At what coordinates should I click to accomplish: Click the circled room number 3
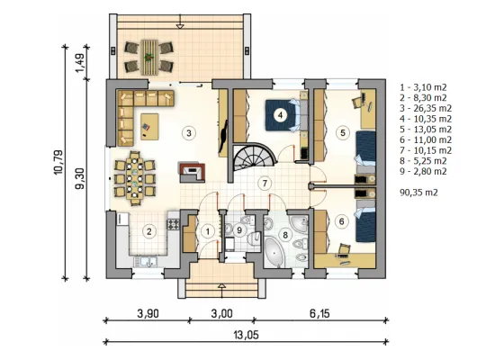(189, 133)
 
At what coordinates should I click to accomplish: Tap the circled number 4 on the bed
(280, 115)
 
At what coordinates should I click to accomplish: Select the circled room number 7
(265, 184)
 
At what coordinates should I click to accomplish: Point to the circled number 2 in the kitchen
(149, 231)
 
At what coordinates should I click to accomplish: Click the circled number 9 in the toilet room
(239, 229)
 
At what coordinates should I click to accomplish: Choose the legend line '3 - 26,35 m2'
(426, 108)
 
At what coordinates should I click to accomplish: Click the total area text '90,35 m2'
(418, 193)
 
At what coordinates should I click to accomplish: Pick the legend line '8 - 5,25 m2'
(423, 161)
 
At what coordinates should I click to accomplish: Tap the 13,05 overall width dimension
(247, 335)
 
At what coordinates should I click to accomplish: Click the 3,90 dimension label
(148, 313)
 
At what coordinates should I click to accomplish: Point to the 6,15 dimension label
(319, 313)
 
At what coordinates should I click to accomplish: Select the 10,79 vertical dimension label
(58, 162)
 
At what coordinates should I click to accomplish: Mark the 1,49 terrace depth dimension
(80, 62)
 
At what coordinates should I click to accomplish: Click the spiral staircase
(255, 156)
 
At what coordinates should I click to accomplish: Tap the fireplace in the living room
(192, 173)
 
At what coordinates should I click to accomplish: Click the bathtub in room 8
(274, 252)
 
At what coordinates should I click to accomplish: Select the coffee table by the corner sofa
(149, 127)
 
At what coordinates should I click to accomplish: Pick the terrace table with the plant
(149, 58)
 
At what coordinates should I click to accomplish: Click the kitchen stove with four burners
(173, 224)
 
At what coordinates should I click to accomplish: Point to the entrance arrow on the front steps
(222, 291)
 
